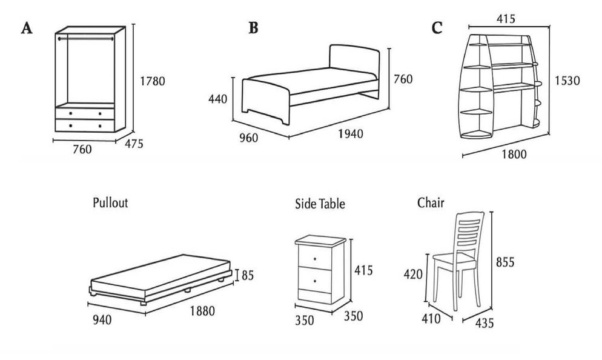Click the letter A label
point(26,28)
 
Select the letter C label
point(437,28)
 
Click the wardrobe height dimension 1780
point(152,81)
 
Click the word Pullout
point(110,202)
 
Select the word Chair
point(431,202)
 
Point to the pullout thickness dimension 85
point(248,275)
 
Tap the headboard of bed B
point(354,67)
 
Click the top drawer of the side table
point(316,259)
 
